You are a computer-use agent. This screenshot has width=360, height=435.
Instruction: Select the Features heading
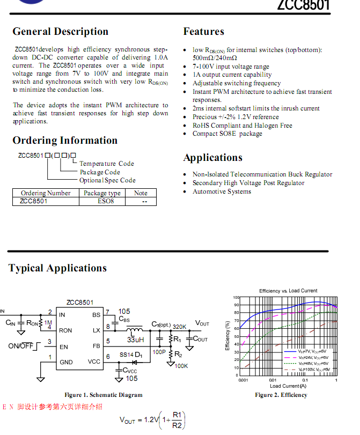(203, 31)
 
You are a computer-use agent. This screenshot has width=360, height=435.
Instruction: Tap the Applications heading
(212, 157)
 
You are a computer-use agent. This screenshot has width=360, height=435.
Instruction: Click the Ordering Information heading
(65, 141)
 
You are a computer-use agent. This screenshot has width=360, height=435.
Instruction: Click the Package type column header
(102, 193)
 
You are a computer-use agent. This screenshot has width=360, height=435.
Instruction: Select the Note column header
(141, 193)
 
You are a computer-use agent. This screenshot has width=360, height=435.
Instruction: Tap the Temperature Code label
(107, 164)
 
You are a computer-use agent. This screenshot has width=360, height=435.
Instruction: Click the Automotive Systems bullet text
(222, 191)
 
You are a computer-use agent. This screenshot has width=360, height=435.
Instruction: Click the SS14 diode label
(127, 355)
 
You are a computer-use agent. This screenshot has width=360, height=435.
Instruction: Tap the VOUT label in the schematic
(202, 323)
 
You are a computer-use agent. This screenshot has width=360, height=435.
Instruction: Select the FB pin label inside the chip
(96, 346)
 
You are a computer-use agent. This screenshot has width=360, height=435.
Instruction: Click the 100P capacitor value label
(159, 352)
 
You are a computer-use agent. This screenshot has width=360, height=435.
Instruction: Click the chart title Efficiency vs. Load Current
(288, 291)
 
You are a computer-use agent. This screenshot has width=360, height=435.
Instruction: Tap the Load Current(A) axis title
(288, 386)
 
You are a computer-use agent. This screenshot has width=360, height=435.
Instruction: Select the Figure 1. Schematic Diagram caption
(103, 395)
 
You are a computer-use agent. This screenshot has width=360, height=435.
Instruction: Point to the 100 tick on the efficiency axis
(236, 297)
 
